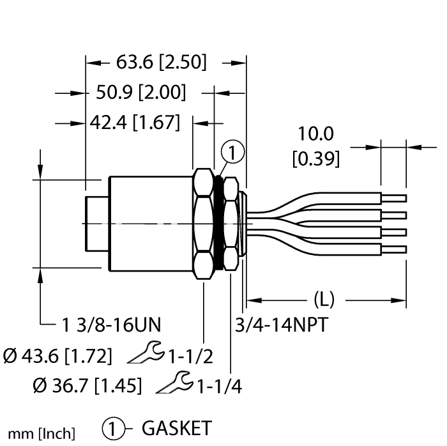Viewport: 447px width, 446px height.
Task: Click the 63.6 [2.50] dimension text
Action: click(161, 63)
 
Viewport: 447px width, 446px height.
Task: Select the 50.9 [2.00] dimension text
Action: click(140, 93)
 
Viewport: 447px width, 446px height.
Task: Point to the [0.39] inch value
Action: click(315, 158)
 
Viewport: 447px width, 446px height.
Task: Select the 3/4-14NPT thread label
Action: click(282, 325)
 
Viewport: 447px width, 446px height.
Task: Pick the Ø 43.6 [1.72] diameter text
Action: click(59, 355)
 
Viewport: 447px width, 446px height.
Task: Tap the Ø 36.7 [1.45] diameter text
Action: click(87, 385)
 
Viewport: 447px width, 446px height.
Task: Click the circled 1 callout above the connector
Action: click(232, 153)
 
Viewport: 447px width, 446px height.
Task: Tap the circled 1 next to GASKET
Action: click(110, 427)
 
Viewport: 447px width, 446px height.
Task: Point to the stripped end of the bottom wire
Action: click(393, 249)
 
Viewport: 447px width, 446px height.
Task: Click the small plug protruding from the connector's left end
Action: click(96, 224)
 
